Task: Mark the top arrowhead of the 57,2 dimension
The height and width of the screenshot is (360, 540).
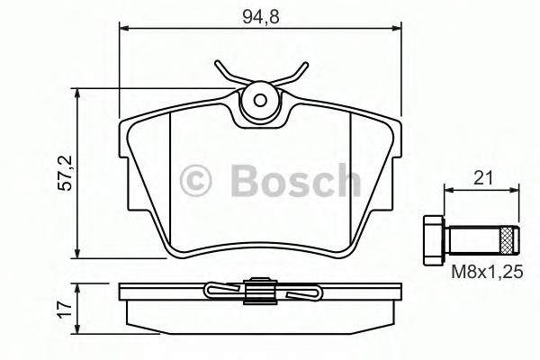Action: pyautogui.click(x=78, y=93)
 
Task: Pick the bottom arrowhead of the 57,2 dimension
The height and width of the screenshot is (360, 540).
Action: pyautogui.click(x=78, y=255)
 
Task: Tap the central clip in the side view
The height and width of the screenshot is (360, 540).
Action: pyautogui.click(x=262, y=292)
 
